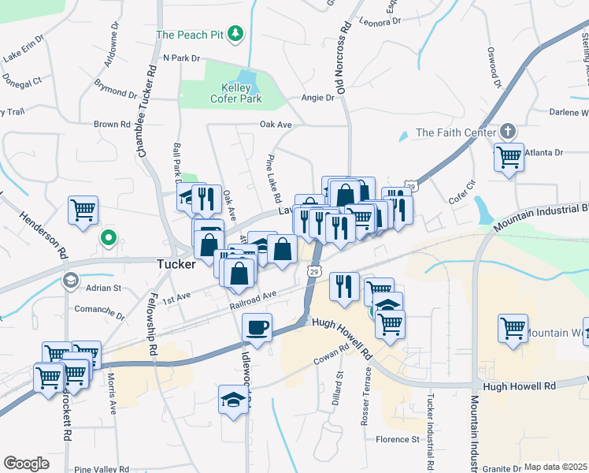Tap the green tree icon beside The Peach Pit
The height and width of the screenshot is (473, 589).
[x=235, y=33]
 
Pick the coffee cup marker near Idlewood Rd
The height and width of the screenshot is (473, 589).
[x=256, y=326]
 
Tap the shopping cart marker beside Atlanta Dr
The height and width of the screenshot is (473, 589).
[x=509, y=156]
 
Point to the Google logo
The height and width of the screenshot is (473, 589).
[x=26, y=464]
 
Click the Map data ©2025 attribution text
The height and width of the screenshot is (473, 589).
[x=555, y=467]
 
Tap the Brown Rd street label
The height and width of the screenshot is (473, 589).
[x=112, y=125]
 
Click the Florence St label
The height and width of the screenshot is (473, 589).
[x=398, y=439]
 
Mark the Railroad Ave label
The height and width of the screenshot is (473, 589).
[x=253, y=300]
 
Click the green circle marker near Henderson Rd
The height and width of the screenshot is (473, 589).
[x=108, y=236]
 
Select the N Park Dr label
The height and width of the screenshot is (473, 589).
[x=182, y=58]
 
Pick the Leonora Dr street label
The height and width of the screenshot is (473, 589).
[x=380, y=21]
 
